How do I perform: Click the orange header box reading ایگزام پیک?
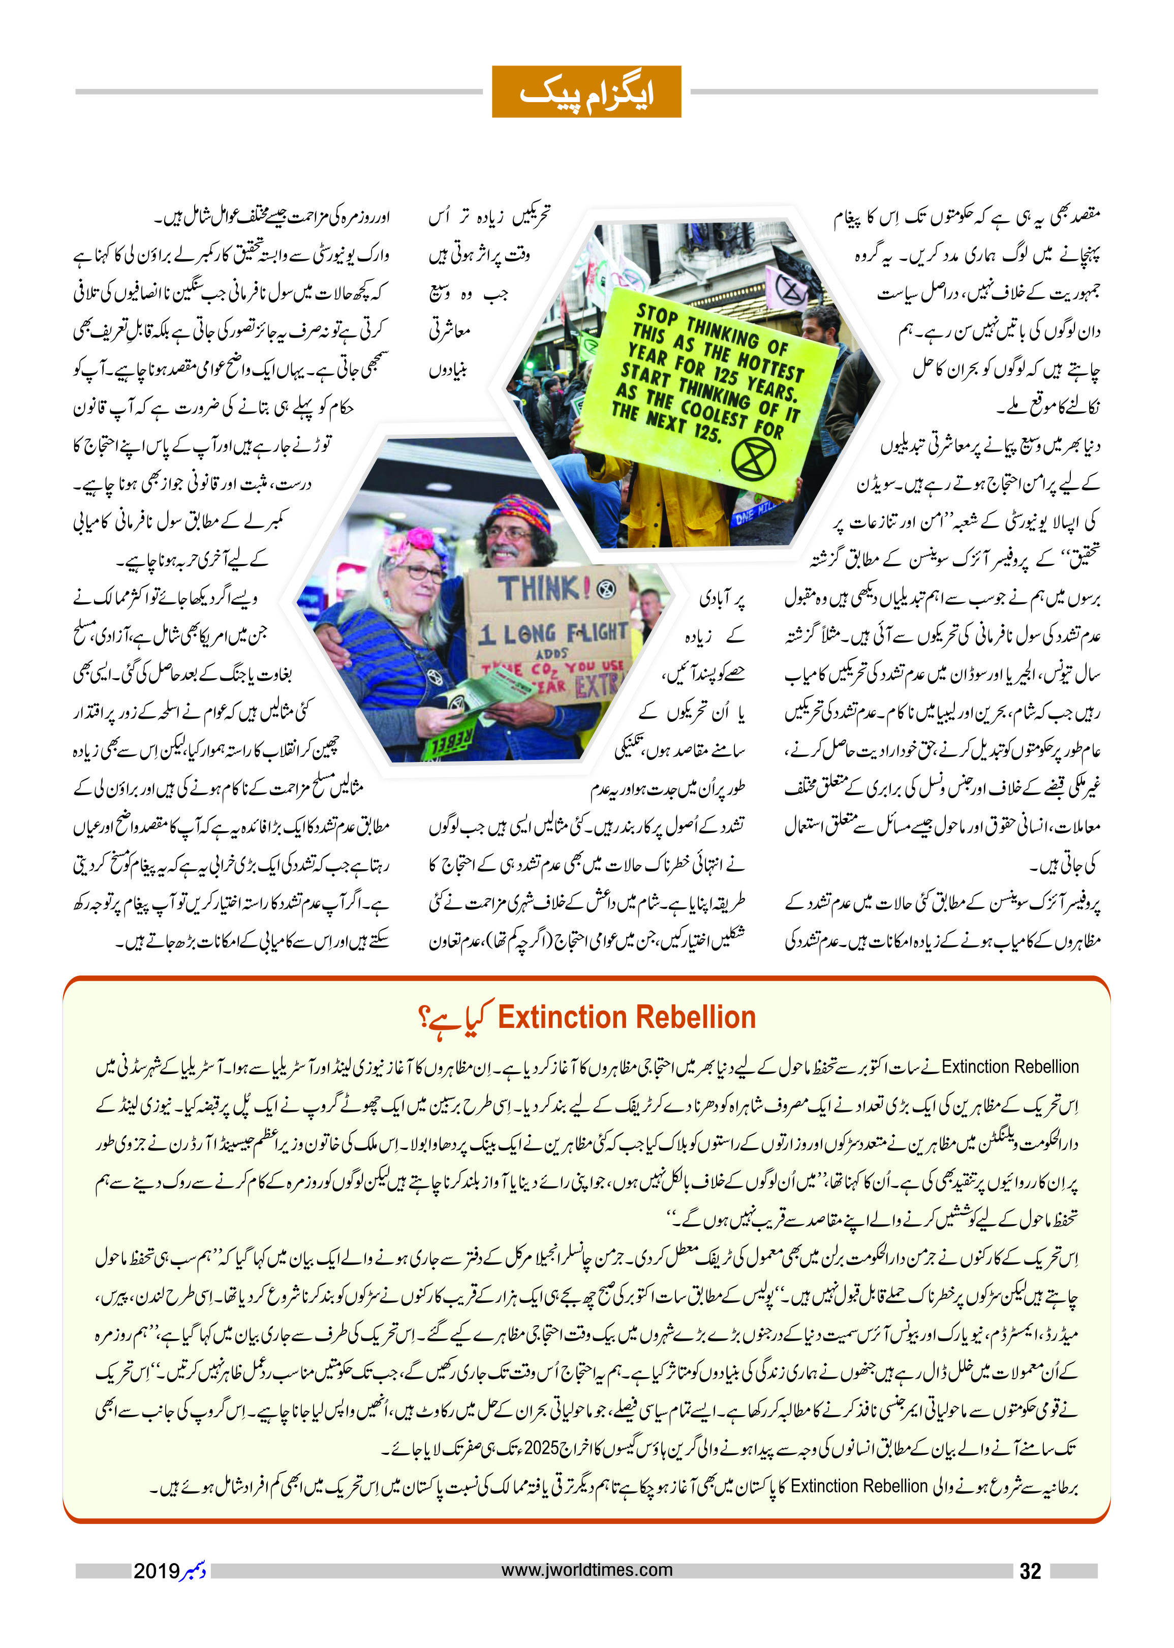point(586,92)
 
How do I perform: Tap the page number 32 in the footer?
point(1030,1571)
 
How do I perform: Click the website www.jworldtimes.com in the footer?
point(586,1570)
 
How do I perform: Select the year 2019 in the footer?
point(156,1571)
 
